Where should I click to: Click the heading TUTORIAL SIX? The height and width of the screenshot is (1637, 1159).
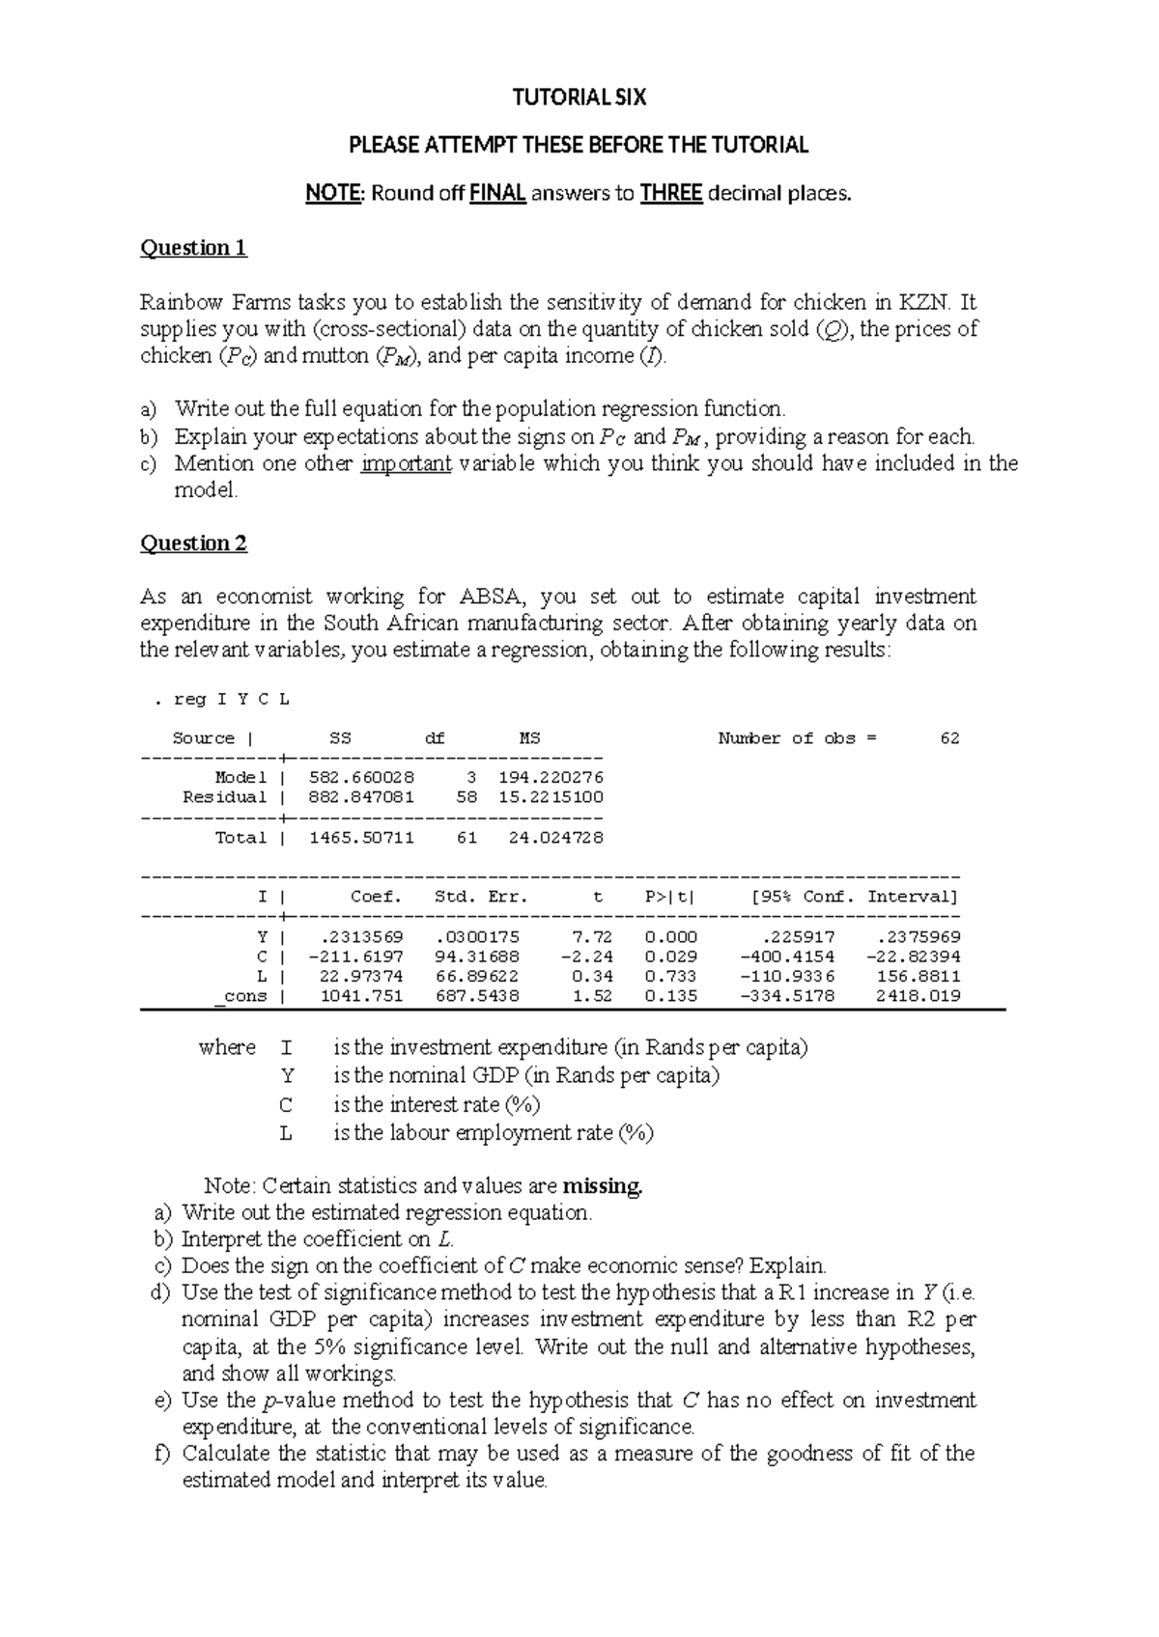coord(579,97)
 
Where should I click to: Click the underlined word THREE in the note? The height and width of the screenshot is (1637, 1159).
coord(670,193)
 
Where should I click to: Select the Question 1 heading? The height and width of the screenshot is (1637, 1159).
coord(194,248)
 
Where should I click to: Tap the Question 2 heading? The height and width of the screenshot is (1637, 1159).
coord(194,543)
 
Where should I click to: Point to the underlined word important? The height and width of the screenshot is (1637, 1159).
coord(406,463)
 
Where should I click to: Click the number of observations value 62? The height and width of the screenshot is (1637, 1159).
coord(949,738)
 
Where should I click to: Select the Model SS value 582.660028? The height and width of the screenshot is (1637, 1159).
coord(361,778)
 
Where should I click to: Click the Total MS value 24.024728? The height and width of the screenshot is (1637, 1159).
coord(555,838)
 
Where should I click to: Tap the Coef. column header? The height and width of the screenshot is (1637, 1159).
coord(376,897)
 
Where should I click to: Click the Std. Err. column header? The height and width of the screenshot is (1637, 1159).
coord(482,897)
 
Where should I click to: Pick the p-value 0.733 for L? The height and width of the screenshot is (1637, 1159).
coord(670,977)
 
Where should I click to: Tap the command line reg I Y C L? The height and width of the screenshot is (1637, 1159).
coord(222,699)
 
